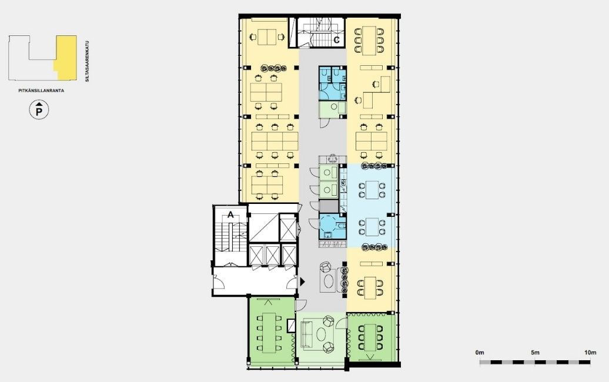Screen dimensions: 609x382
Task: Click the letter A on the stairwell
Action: (x=230, y=215)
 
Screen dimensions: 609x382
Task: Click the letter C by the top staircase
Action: (x=337, y=39)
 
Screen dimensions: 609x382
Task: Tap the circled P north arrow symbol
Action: (x=39, y=110)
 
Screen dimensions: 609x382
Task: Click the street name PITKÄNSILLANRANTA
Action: (x=41, y=91)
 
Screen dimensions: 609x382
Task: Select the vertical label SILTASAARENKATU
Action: (x=88, y=61)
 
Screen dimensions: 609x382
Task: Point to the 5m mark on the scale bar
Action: (x=535, y=362)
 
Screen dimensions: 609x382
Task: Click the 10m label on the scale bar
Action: (x=590, y=353)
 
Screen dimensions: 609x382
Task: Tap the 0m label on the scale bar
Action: (x=480, y=353)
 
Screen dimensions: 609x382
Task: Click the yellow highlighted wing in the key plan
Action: (x=66, y=58)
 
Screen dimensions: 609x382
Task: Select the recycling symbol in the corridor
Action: (x=333, y=159)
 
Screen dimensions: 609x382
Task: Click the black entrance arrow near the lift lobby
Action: (x=302, y=282)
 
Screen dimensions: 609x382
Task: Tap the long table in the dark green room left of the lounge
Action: (x=269, y=333)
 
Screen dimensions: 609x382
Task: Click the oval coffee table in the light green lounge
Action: (x=322, y=333)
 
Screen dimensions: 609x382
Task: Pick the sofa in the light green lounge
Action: (x=306, y=334)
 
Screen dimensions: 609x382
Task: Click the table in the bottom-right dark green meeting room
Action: (x=370, y=337)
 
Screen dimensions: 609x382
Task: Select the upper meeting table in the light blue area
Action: (x=372, y=190)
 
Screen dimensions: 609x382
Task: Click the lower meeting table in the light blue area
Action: (x=372, y=227)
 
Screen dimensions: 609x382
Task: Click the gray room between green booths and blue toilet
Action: (x=329, y=205)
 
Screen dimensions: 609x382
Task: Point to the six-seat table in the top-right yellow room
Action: (x=369, y=39)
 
